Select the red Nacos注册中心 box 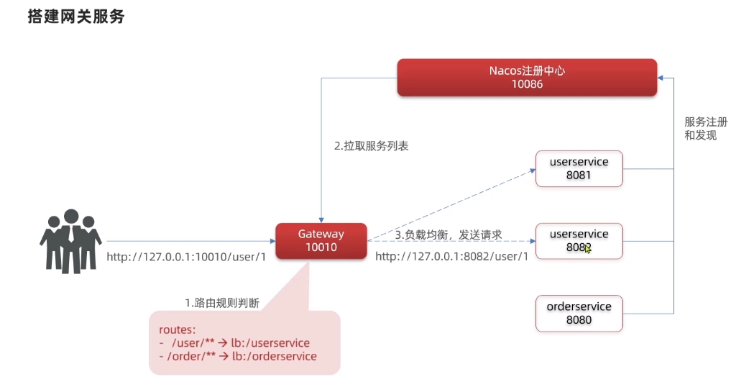pyautogui.click(x=528, y=77)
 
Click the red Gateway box pyautogui.click(x=321, y=241)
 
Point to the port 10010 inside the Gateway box pyautogui.click(x=321, y=248)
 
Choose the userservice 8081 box pyautogui.click(x=579, y=169)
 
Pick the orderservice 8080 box pyautogui.click(x=579, y=313)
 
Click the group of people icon pyautogui.click(x=70, y=240)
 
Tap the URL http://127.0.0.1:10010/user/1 pyautogui.click(x=186, y=256)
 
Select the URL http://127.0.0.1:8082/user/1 pyautogui.click(x=451, y=256)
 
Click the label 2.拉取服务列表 pyautogui.click(x=372, y=145)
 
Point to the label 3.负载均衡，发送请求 pyautogui.click(x=448, y=235)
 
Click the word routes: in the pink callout pyautogui.click(x=176, y=330)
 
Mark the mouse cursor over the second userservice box pyautogui.click(x=588, y=249)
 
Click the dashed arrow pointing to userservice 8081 pyautogui.click(x=453, y=204)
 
